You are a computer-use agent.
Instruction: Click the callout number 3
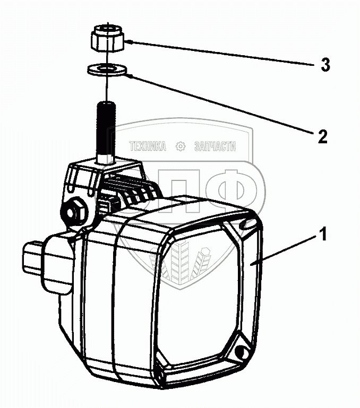tap(325, 65)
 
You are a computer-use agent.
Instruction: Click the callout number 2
tap(323, 137)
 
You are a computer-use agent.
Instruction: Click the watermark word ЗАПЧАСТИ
tap(215, 147)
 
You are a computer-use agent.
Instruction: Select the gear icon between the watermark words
tap(181, 146)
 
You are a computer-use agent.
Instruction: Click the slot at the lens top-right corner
tap(246, 224)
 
